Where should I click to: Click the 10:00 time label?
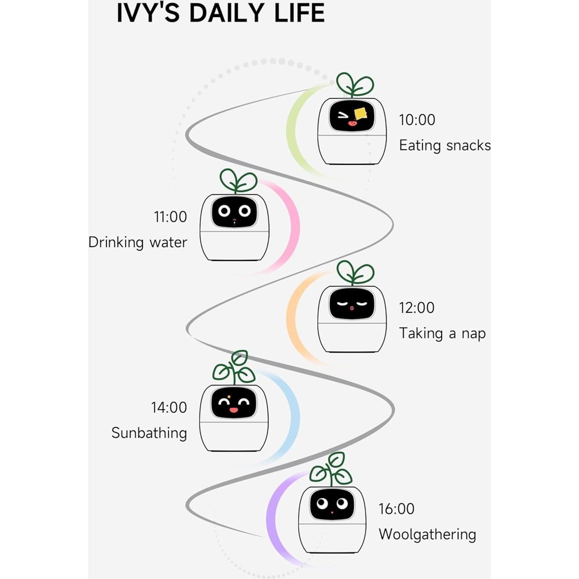(x=417, y=120)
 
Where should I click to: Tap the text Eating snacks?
(x=444, y=146)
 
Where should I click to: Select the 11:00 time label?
(x=170, y=217)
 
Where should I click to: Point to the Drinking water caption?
(x=138, y=242)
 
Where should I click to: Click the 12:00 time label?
(x=416, y=308)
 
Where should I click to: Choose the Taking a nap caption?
(x=442, y=334)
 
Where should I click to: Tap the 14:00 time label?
(x=169, y=408)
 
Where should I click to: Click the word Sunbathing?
(x=149, y=433)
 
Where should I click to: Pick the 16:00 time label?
(x=396, y=509)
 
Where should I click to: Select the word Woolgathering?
(x=427, y=534)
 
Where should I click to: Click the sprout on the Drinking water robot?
(x=238, y=181)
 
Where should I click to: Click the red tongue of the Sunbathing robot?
(x=234, y=410)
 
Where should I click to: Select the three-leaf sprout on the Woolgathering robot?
(x=331, y=469)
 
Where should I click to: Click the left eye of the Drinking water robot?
(x=224, y=211)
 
